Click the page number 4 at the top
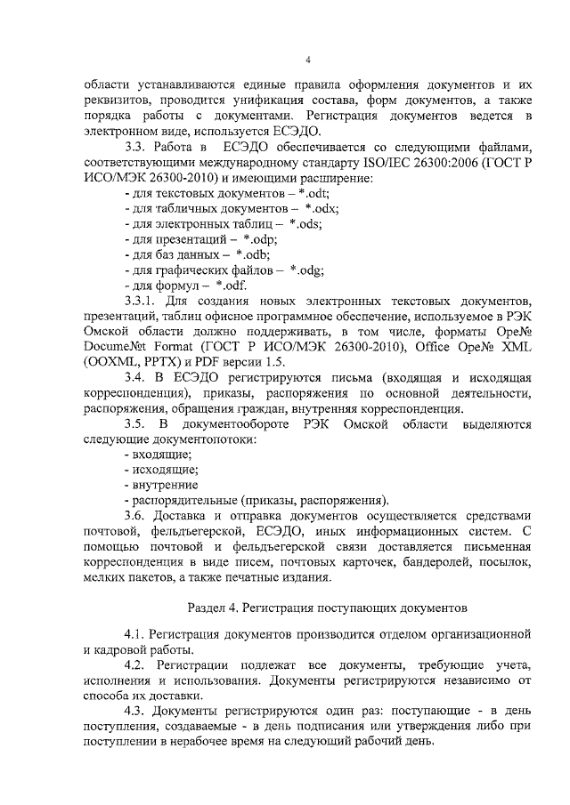[306, 60]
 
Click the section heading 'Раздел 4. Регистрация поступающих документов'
[327, 609]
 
